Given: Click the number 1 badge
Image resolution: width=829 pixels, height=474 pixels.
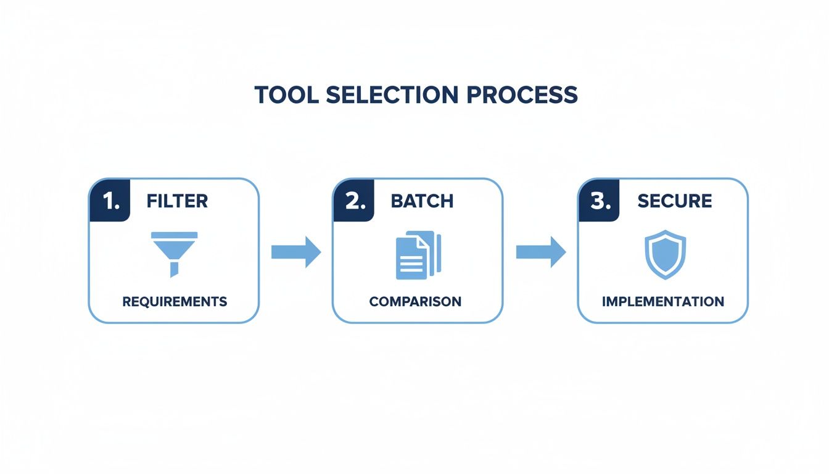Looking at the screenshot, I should pyautogui.click(x=111, y=201).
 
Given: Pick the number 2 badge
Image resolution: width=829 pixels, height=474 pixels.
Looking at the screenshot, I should pyautogui.click(x=355, y=201).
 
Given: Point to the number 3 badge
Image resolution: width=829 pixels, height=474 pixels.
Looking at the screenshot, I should pyautogui.click(x=599, y=201).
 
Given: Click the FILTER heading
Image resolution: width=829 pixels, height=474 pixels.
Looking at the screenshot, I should pyautogui.click(x=177, y=201).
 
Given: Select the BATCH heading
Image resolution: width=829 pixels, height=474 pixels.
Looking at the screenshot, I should pyautogui.click(x=422, y=201).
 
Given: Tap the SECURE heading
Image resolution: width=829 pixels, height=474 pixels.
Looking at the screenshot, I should pyautogui.click(x=674, y=201).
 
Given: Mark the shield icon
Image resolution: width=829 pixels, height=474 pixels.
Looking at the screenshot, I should pyautogui.click(x=665, y=254).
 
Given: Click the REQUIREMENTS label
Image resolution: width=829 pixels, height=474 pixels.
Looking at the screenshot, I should pyautogui.click(x=175, y=302).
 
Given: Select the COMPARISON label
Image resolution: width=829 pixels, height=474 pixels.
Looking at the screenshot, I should pyautogui.click(x=415, y=302).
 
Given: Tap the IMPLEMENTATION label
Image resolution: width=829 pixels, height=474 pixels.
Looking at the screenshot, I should pyautogui.click(x=663, y=302).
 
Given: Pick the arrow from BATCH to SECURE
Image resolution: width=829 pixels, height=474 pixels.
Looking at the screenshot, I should pyautogui.click(x=540, y=252).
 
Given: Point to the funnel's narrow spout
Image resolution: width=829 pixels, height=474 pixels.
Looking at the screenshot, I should pyautogui.click(x=175, y=269).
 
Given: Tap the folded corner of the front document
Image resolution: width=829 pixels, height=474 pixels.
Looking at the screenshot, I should pyautogui.click(x=422, y=243).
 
